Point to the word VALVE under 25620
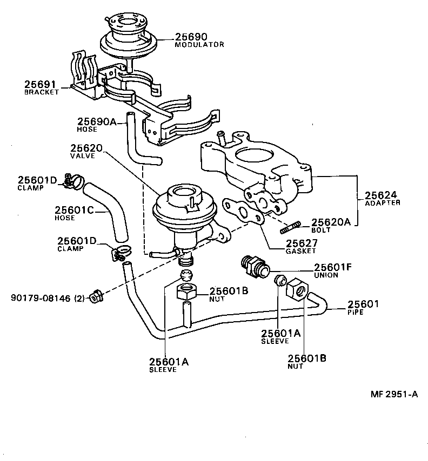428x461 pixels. [x=83, y=155]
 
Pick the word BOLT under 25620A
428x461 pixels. [x=320, y=229]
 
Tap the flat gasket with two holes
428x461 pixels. [x=245, y=212]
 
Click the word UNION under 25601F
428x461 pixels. [x=326, y=275]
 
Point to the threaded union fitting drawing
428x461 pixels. [x=252, y=266]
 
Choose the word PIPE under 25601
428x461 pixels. [x=356, y=312]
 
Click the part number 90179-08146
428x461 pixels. [x=41, y=296]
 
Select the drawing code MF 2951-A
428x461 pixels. [x=394, y=394]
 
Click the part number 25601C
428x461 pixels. [x=75, y=209]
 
